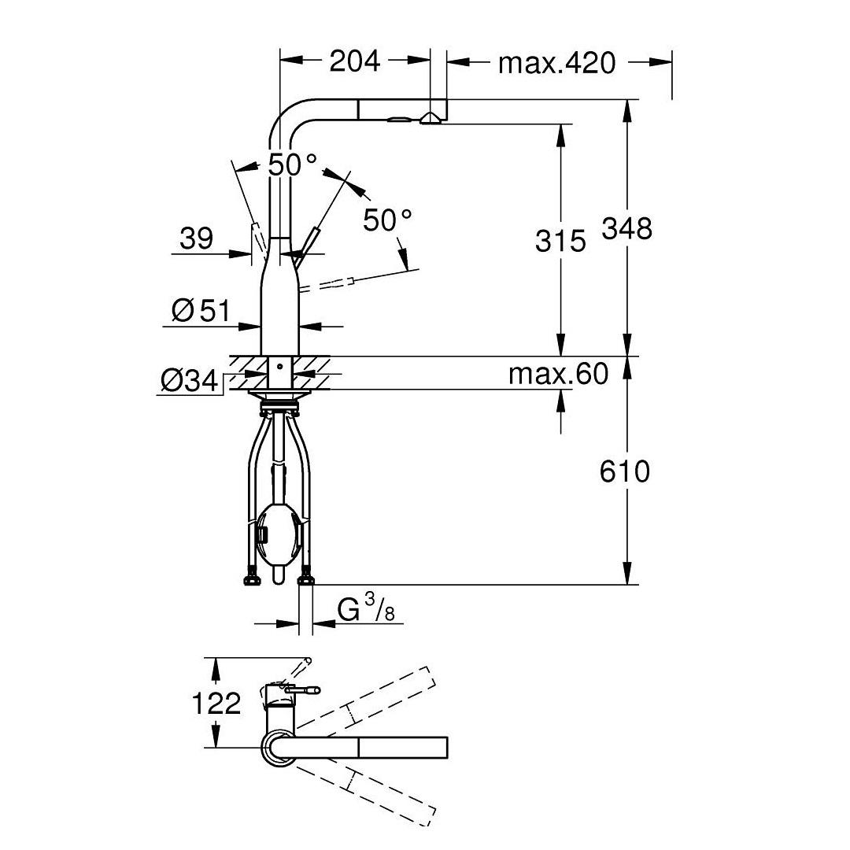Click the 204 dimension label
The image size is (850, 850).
[354, 61]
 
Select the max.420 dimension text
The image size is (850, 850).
[556, 62]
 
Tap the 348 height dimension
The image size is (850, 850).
[627, 228]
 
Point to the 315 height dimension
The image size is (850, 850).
[560, 241]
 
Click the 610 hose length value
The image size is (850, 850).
[625, 471]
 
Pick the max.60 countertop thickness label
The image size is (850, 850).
[558, 374]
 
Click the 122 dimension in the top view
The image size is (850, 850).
[216, 703]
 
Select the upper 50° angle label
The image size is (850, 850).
[292, 165]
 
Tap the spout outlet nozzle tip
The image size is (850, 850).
[430, 119]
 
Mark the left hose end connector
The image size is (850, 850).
[251, 581]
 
